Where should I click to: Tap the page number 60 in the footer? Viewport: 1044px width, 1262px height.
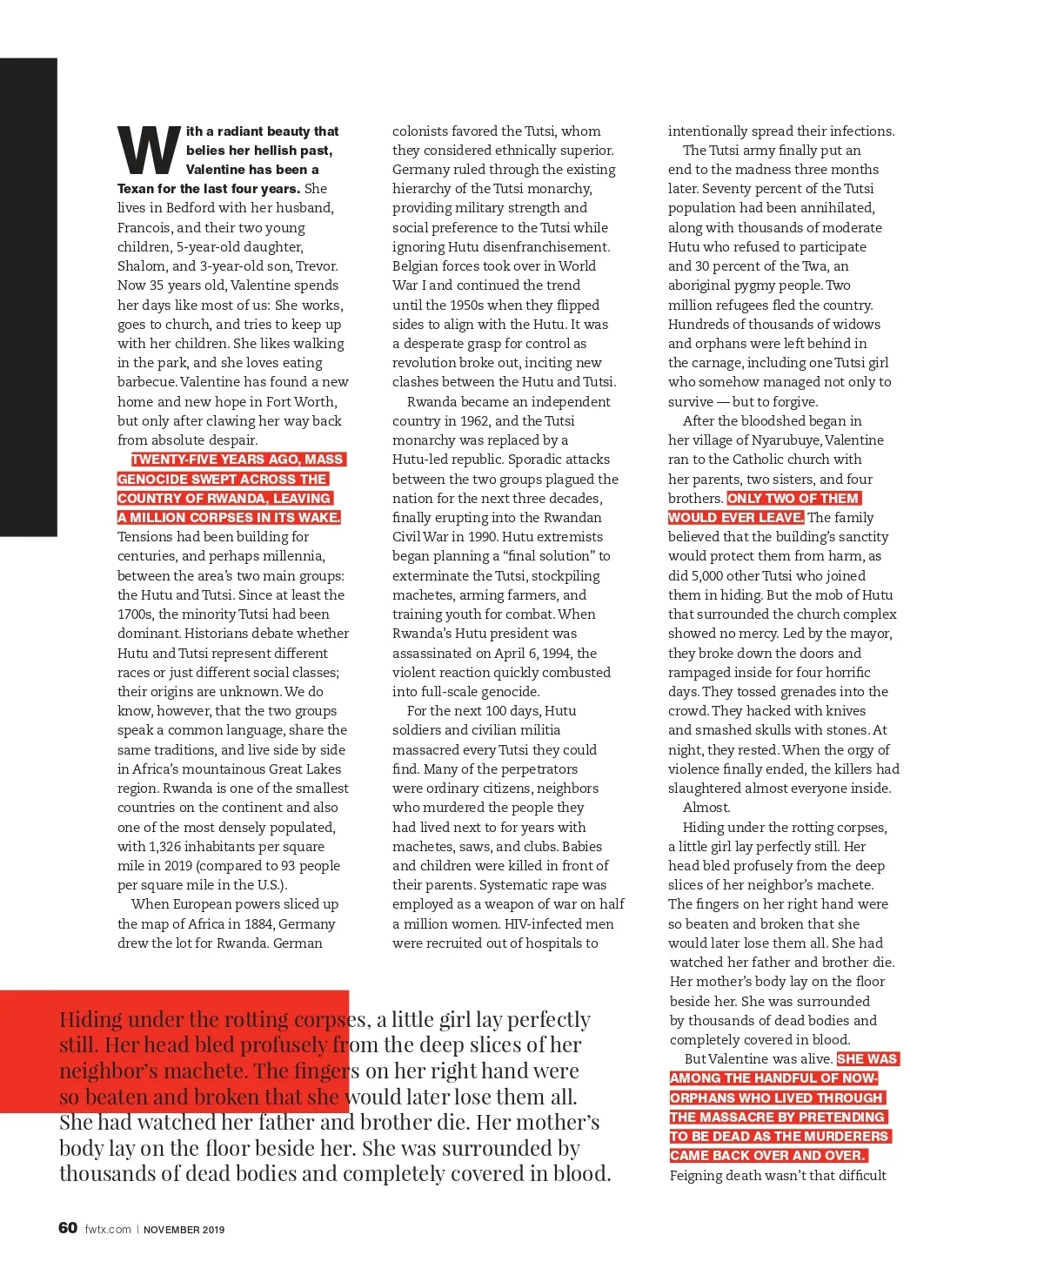[x=68, y=1228]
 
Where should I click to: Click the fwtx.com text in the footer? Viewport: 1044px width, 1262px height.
[x=108, y=1230]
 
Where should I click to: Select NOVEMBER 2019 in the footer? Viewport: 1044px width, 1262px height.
[x=184, y=1230]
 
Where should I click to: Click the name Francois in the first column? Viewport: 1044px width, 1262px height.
[x=145, y=228]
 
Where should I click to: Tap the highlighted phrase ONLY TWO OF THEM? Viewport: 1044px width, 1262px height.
[x=793, y=499]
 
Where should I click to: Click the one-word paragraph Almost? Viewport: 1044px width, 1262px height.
[x=706, y=808]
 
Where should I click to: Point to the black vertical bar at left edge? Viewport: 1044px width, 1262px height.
[x=28, y=296]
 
